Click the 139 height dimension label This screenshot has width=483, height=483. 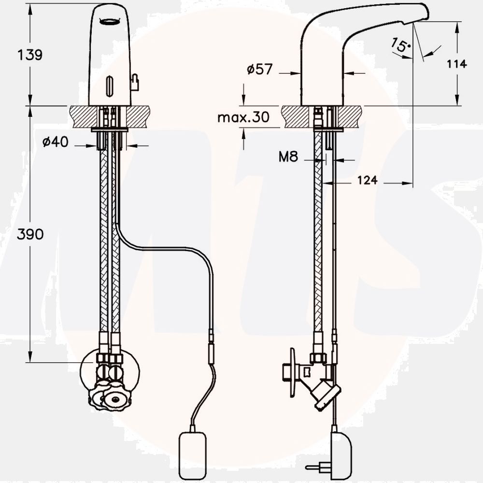tap(30, 55)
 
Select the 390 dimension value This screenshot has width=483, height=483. tap(30, 234)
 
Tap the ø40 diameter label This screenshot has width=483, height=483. tap(56, 142)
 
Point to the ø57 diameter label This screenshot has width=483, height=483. tap(260, 69)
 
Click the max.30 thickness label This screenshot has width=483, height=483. tap(243, 117)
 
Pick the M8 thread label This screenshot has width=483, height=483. tap(288, 157)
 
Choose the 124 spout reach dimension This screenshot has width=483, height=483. tap(368, 180)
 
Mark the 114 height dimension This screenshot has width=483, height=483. tap(457, 64)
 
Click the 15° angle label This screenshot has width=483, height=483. tap(400, 45)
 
